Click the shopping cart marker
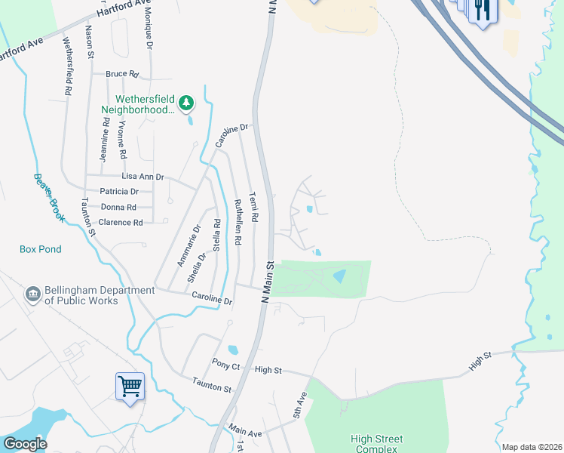[130, 387]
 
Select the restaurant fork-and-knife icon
[481, 10]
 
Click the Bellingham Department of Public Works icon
[33, 294]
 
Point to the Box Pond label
[41, 249]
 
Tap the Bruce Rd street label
[123, 75]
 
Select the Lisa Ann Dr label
[143, 176]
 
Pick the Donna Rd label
[118, 207]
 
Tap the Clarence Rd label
[121, 223]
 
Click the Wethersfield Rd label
[68, 66]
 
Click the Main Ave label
[245, 430]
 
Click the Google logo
[25, 444]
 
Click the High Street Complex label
[377, 444]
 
